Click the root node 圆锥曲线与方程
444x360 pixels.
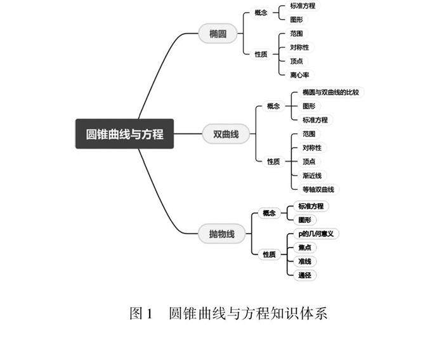pos(124,134)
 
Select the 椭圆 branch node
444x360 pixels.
pos(218,34)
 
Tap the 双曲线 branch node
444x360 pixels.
pos(226,134)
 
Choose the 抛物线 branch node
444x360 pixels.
pos(221,234)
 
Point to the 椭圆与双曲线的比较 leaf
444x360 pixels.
pos(330,92)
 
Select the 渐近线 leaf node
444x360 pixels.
pos(311,175)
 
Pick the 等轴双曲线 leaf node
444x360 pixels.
pos(320,189)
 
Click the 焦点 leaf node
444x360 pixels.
pos(304,248)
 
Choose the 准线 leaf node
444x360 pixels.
pos(304,262)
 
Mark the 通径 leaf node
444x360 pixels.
pos(304,276)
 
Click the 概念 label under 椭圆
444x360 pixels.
pos(261,13)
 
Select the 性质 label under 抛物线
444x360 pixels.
pos(269,255)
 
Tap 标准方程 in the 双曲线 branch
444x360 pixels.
pos(315,120)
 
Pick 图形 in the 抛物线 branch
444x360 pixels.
pos(304,220)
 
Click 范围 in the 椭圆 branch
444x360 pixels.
pos(296,33)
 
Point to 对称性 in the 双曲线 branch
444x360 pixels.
pos(311,147)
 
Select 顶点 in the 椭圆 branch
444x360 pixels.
pos(296,61)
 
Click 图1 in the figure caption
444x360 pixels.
pos(141,313)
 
